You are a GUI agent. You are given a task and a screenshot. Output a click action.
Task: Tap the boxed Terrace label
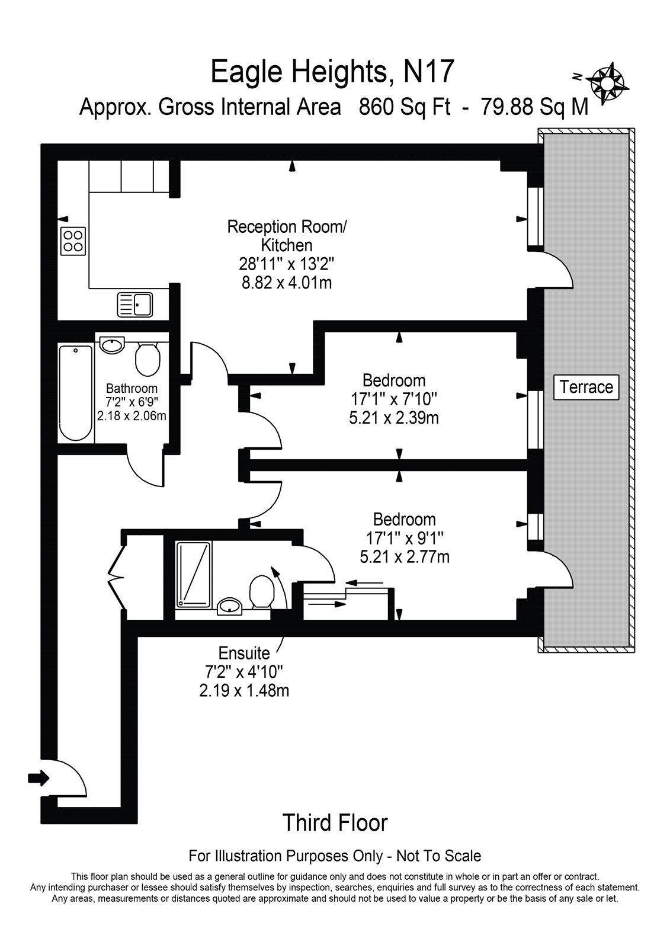click(586, 387)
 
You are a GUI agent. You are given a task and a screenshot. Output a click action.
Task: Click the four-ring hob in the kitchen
click(73, 241)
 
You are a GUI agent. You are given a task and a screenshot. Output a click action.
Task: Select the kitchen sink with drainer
click(135, 305)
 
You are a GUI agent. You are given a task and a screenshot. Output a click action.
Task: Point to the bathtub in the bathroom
click(76, 393)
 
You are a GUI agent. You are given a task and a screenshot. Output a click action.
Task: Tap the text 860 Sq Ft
click(405, 107)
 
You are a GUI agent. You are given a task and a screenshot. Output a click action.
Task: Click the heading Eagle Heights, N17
click(333, 72)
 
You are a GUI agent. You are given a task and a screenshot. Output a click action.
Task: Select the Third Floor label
click(335, 822)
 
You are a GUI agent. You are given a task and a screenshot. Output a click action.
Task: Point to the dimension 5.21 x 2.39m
click(394, 418)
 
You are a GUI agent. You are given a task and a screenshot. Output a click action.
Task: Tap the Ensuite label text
click(244, 653)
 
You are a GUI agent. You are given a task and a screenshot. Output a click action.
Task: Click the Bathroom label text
click(132, 389)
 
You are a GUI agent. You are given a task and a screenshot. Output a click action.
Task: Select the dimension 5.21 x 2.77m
click(405, 557)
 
